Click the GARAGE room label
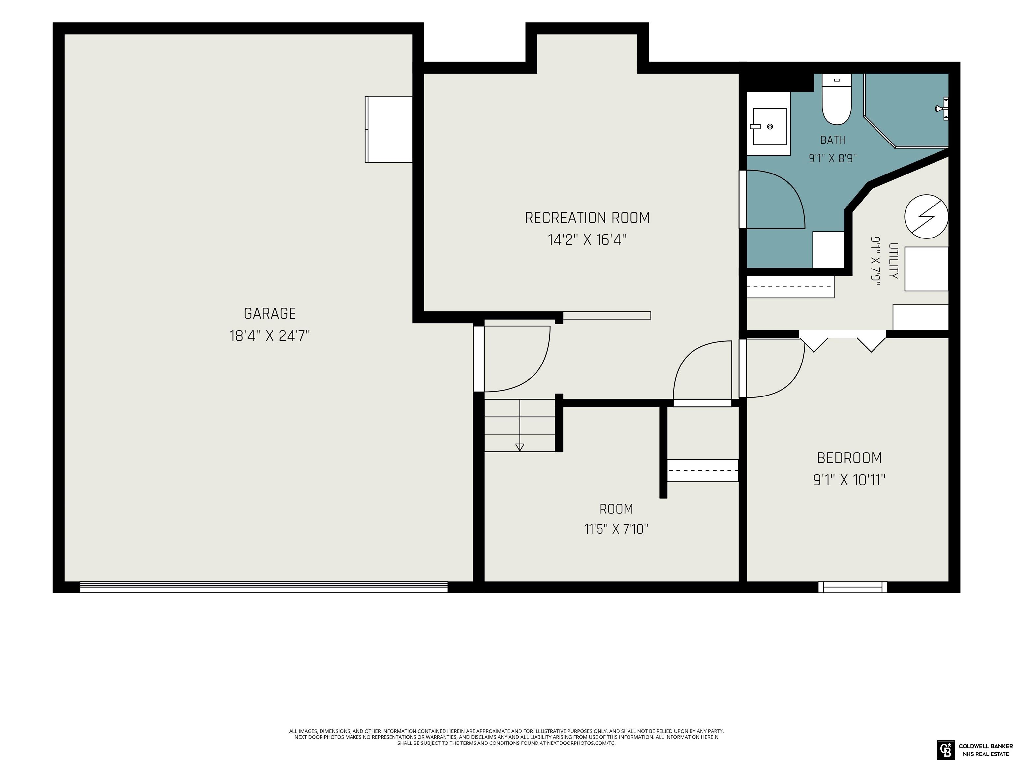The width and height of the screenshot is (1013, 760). click(x=270, y=314)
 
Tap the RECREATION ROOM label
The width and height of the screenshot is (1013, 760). click(x=587, y=218)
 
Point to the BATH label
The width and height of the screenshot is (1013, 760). click(x=833, y=140)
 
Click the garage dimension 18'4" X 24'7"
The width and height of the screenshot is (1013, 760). click(x=270, y=336)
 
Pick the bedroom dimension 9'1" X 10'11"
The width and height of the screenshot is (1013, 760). click(x=849, y=480)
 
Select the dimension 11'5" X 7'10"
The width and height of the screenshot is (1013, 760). click(x=616, y=529)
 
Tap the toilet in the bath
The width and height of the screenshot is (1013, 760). click(x=836, y=99)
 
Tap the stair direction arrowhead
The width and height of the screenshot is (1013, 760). click(x=520, y=447)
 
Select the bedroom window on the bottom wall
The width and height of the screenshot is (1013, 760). click(x=852, y=587)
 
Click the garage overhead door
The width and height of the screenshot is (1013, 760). click(x=264, y=587)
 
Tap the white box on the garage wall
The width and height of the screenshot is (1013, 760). click(x=388, y=129)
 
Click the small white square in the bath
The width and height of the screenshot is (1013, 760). click(x=828, y=250)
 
